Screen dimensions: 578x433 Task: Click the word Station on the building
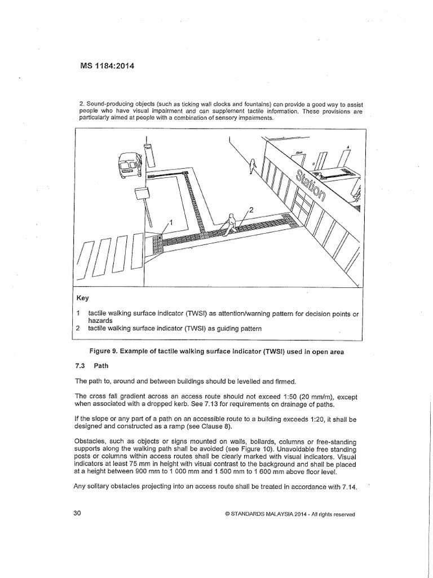(x=307, y=181)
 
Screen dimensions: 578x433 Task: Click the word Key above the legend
(x=83, y=297)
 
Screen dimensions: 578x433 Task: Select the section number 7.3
(x=81, y=366)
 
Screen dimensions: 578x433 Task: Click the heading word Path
(x=102, y=366)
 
